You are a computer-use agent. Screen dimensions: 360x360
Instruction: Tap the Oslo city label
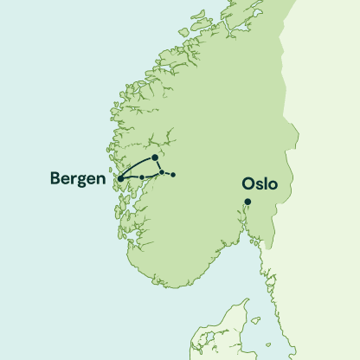click(x=260, y=184)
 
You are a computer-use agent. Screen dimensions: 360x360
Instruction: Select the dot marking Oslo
click(x=247, y=202)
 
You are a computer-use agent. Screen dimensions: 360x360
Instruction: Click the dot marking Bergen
click(x=120, y=179)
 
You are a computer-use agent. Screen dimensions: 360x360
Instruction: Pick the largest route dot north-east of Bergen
click(x=154, y=157)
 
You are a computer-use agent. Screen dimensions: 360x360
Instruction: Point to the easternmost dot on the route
click(x=173, y=176)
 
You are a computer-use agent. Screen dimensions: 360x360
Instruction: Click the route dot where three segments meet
click(x=162, y=173)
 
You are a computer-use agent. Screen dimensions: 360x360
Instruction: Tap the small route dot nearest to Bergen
click(x=142, y=177)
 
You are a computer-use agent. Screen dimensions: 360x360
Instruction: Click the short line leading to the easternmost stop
click(x=168, y=175)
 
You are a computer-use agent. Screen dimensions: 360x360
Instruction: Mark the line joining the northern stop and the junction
click(x=158, y=165)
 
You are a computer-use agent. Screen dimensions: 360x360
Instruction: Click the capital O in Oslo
click(x=247, y=184)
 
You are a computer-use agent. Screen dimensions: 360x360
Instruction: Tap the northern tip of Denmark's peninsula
click(x=245, y=300)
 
